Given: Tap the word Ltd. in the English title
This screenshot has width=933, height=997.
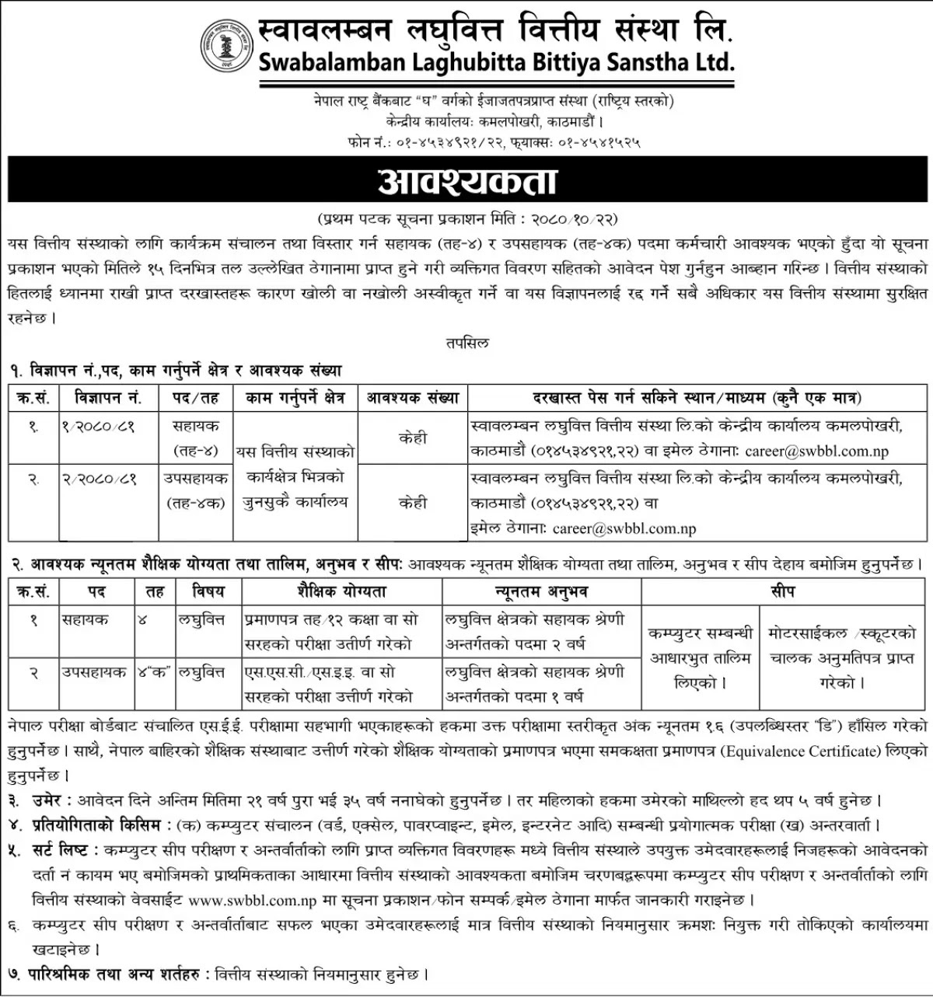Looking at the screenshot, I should (710, 62).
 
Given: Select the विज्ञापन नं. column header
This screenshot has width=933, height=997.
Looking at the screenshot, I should (108, 398).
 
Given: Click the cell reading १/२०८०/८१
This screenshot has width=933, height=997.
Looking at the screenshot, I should (98, 426).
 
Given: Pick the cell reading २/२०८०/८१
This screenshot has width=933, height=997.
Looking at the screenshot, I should (98, 479).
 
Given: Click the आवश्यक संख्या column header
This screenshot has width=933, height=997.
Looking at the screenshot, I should (413, 398).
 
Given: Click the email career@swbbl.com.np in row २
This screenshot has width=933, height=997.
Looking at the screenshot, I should (624, 528).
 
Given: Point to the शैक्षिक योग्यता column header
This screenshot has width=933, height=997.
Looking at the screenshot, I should (341, 591).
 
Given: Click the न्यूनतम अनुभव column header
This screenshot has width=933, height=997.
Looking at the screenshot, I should (541, 591).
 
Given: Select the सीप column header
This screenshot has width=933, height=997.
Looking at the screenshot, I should (783, 591).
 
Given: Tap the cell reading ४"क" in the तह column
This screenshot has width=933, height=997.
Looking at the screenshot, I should (155, 672).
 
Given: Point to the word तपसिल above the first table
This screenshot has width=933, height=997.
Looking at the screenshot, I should (467, 342).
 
